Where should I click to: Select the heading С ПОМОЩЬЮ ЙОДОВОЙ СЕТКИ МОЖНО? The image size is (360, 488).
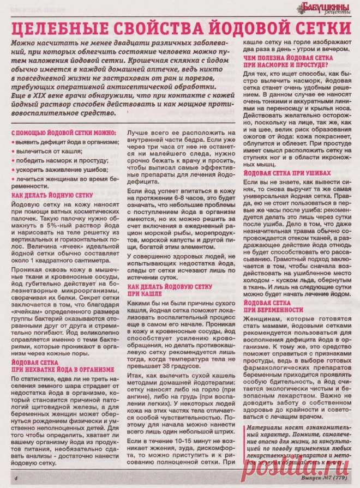(x=64, y=132)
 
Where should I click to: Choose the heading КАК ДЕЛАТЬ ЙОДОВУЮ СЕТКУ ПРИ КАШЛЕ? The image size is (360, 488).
(x=169, y=289)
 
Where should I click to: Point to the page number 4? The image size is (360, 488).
(x=16, y=478)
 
